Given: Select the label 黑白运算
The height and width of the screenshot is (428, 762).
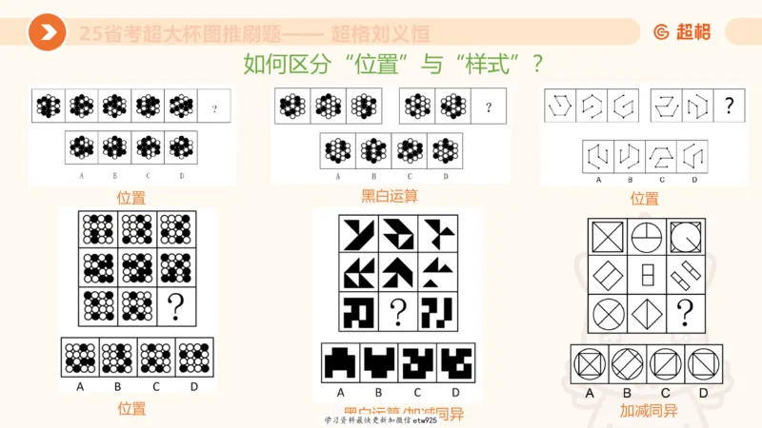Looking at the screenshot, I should coord(390,197).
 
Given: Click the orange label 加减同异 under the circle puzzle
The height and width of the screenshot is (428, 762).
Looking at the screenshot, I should coord(648,412).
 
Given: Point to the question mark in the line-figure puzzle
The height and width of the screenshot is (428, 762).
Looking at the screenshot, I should coord(729,106).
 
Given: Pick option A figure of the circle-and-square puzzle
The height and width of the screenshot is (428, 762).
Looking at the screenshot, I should coord(591,365).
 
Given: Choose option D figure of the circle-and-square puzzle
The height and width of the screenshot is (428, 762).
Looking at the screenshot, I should coord(704,365).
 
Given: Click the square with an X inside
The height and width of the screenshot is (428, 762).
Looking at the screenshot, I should coord(608,236).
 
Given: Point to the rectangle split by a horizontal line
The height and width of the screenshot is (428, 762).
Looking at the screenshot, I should coord(645,274).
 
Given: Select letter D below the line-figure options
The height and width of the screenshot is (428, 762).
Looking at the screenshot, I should coord(693,180).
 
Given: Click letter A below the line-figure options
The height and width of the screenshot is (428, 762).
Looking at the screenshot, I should coord(598,180).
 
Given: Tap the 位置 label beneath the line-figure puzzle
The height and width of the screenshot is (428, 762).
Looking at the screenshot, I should coord(644,199).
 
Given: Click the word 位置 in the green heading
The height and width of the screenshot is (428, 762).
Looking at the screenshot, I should coord(382,65).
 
